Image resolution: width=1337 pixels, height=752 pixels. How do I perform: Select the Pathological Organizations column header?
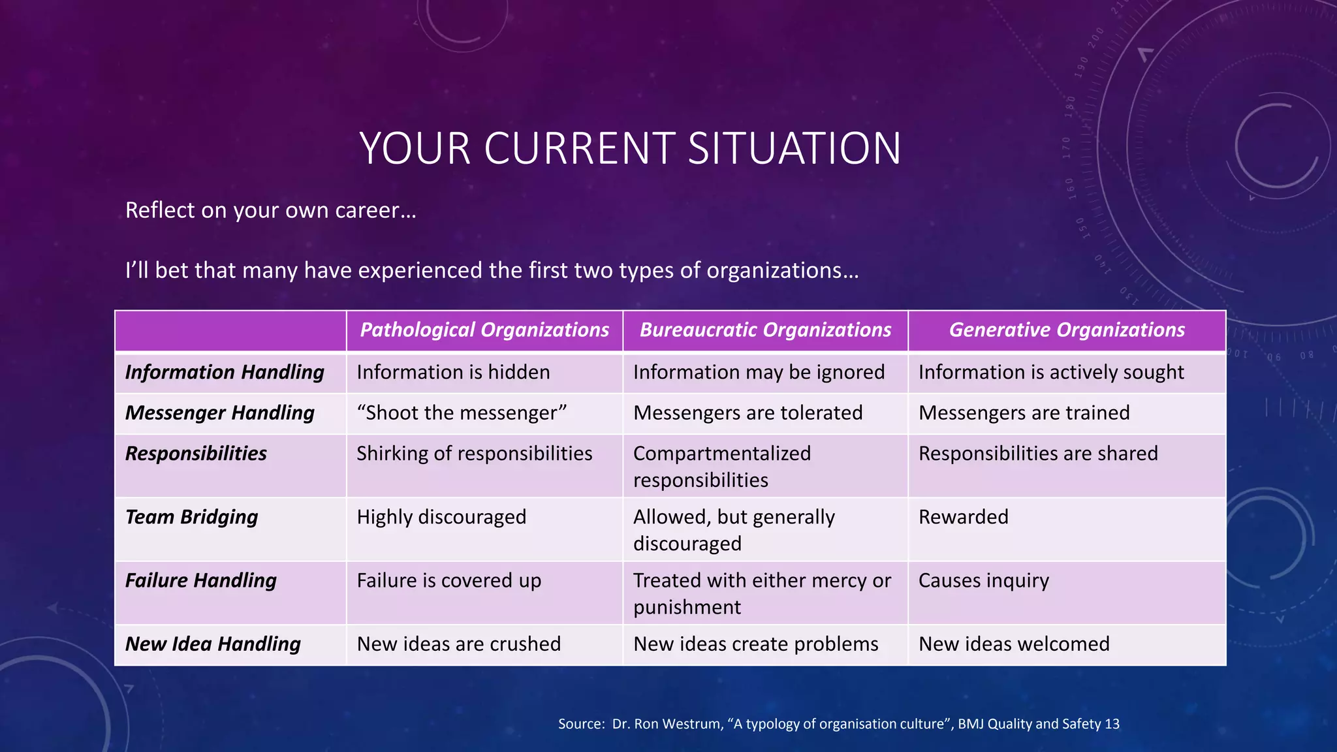coord(484,330)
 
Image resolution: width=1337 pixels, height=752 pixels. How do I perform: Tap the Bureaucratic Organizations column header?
coord(765,330)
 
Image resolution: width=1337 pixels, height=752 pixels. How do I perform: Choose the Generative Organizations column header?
coord(1067,330)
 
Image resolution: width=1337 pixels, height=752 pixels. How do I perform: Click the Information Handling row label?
coord(225,372)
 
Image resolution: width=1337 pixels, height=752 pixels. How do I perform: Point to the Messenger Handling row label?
coord(220,413)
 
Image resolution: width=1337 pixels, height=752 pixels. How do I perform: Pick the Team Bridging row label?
coord(191,517)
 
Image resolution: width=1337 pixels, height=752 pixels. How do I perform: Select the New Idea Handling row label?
coord(213,644)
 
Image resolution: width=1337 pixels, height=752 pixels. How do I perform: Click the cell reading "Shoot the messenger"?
coord(462,413)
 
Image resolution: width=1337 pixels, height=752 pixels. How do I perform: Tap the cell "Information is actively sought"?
coord(1051,372)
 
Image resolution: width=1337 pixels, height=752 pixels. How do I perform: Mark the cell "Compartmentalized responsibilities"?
coord(721,467)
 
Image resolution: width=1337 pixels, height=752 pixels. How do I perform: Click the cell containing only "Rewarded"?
coord(964,517)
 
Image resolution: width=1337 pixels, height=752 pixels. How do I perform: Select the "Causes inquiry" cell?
coord(984,580)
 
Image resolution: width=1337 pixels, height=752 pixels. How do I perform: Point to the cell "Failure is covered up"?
coord(449,580)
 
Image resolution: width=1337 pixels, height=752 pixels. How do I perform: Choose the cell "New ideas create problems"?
coord(756,644)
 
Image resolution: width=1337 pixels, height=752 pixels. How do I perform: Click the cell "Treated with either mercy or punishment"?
coord(762,593)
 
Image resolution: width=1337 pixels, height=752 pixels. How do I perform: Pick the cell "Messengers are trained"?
coord(1024,413)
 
